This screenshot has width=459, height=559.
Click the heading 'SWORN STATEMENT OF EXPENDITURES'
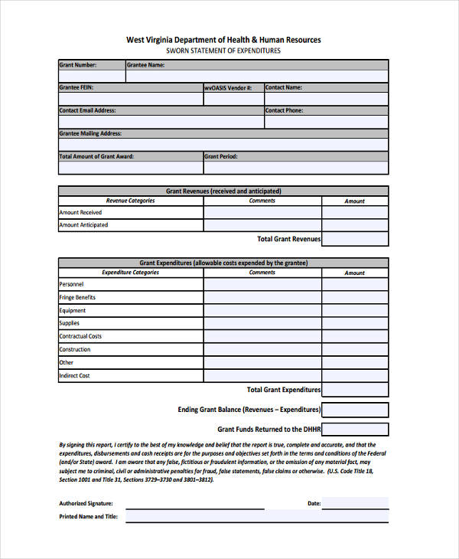coord(223,51)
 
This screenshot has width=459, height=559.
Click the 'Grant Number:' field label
coord(77,65)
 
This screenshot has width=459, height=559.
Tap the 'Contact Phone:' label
coord(284,110)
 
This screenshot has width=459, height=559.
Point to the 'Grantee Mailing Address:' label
coord(90,133)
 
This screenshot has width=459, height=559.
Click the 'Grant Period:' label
coord(220,156)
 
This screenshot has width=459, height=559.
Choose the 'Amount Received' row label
coord(80,212)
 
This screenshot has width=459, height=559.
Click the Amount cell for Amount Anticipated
coord(354,225)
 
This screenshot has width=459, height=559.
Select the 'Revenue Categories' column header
coord(130,201)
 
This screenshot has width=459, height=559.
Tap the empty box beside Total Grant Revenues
coord(354,239)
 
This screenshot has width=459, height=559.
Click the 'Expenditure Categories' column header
coord(130,273)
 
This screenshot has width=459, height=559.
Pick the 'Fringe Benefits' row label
coord(77,297)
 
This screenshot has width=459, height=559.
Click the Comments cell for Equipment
coord(262,310)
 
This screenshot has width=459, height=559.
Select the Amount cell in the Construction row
coord(354,349)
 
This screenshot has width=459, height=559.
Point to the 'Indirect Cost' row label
coord(74,376)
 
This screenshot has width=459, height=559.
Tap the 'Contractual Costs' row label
coord(80,336)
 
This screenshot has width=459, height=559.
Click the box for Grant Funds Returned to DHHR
coord(354,430)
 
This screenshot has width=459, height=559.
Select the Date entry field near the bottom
coord(354,503)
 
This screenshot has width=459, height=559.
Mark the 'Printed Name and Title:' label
coord(88,517)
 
